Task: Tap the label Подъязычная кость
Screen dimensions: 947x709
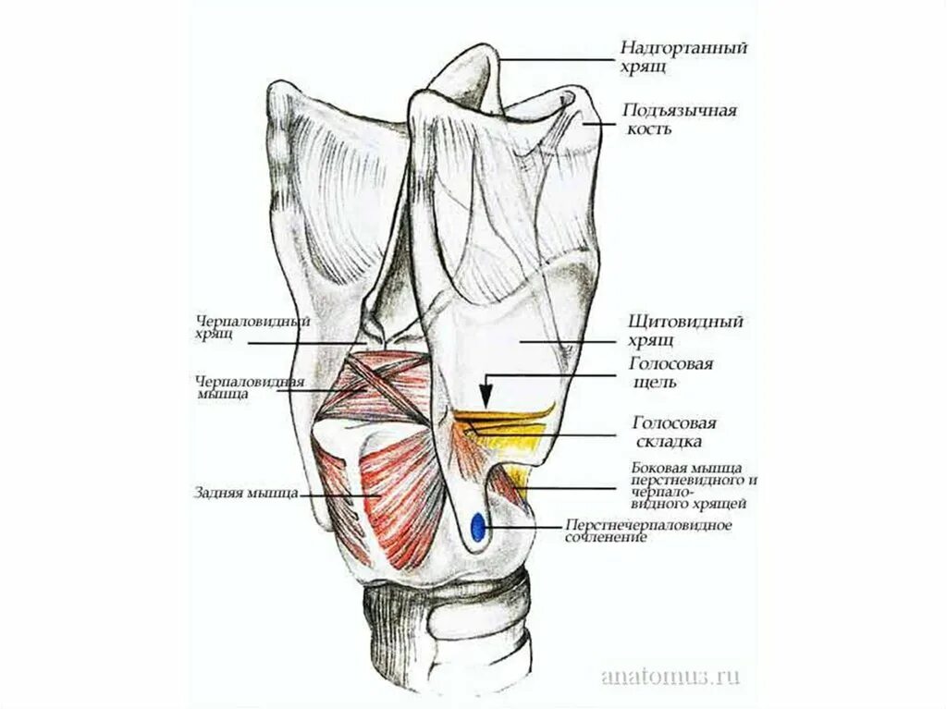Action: pyautogui.click(x=679, y=120)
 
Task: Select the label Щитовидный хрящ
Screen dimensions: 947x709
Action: pyautogui.click(x=685, y=331)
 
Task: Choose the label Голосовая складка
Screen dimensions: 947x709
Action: pyautogui.click(x=674, y=433)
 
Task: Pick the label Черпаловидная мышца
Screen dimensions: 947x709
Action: pyautogui.click(x=250, y=386)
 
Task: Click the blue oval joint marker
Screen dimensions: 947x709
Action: pyautogui.click(x=477, y=527)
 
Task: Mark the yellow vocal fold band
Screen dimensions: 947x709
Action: pyautogui.click(x=504, y=427)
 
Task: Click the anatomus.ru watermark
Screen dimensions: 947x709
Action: pyautogui.click(x=670, y=676)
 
